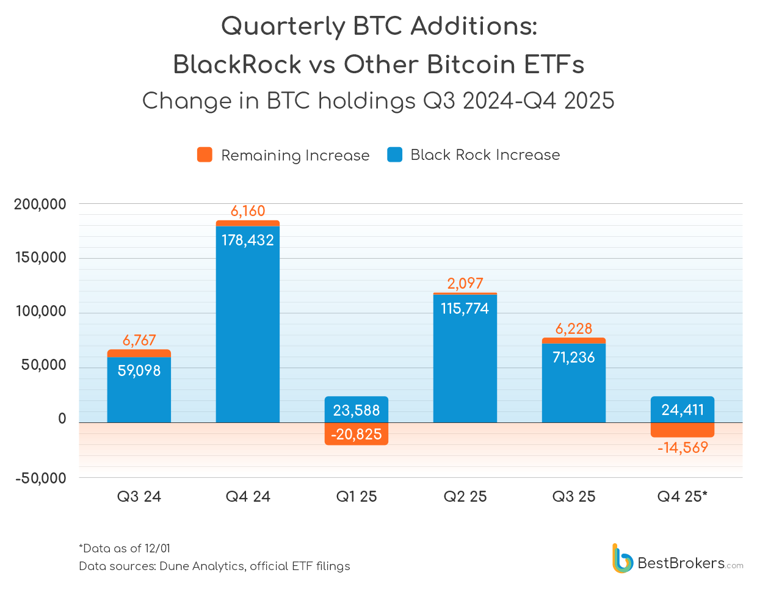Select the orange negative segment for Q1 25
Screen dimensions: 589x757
point(357,434)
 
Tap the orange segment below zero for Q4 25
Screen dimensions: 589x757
point(683,430)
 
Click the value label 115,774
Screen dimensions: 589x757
point(465,309)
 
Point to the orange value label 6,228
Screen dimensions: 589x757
point(574,329)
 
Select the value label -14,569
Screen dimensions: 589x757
point(683,448)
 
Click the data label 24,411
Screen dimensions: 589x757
point(683,410)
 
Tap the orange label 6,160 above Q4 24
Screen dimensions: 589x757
point(248,211)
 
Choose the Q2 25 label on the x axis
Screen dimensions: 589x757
point(465,497)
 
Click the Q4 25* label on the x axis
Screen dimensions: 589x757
point(683,497)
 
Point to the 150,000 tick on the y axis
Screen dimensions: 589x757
point(40,258)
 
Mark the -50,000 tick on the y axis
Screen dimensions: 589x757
point(40,478)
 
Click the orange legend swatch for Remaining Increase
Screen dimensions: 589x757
point(205,155)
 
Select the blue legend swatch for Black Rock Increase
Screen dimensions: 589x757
point(395,155)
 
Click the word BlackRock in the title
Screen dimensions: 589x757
point(237,65)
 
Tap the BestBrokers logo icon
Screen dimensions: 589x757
point(622,558)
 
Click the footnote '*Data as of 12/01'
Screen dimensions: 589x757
point(125,548)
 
